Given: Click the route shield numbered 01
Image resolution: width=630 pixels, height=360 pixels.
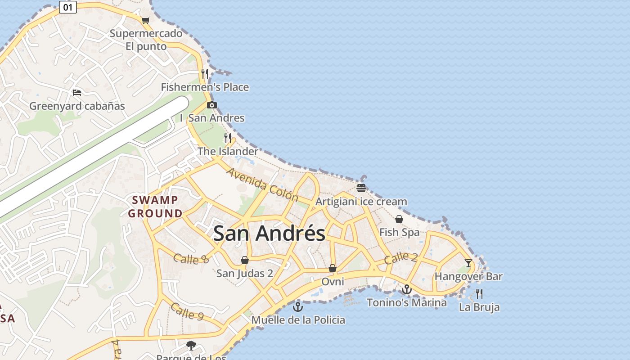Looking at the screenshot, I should [x=67, y=7].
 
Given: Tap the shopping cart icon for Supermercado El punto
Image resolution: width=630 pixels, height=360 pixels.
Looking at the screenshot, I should [x=145, y=20].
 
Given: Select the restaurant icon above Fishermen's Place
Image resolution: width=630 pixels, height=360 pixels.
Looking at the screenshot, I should [x=205, y=74].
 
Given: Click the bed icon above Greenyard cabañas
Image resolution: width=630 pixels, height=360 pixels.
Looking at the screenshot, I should [x=77, y=93].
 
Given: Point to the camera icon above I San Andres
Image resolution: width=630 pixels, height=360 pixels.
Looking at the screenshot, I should [x=211, y=105].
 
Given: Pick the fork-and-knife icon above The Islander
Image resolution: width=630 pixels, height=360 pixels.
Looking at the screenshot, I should [x=228, y=138].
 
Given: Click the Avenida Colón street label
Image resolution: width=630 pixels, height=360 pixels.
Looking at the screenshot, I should [x=262, y=184].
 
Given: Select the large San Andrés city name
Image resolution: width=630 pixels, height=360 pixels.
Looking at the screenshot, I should [x=269, y=233].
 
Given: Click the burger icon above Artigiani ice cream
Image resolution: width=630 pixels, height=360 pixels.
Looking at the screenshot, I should [x=361, y=188].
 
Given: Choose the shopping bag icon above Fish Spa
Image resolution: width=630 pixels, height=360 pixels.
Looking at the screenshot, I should [x=399, y=219].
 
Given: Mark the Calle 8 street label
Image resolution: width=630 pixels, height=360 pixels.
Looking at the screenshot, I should [x=191, y=259].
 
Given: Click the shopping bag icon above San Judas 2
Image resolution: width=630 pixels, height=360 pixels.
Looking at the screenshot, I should [x=245, y=260].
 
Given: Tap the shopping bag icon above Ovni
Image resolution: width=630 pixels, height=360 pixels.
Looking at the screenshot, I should [x=333, y=268].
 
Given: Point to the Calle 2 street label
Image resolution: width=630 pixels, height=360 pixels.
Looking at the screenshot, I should [x=401, y=258].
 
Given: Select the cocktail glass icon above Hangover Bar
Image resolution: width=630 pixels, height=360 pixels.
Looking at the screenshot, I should [x=468, y=263].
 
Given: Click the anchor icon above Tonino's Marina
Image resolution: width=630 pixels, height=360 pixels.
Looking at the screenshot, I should [x=407, y=289].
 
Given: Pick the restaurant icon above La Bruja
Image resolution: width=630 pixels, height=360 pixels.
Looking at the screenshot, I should [x=479, y=294].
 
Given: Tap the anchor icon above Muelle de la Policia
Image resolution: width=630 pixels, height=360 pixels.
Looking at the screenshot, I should [x=298, y=307].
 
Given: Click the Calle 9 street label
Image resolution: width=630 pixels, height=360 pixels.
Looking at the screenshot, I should [x=187, y=311].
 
